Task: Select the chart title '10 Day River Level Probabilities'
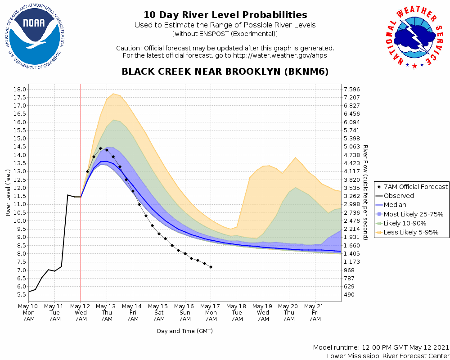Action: pyautogui.click(x=225, y=15)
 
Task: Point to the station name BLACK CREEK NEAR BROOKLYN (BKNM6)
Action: pyautogui.click(x=225, y=72)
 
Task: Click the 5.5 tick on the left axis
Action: pyautogui.click(x=21, y=295)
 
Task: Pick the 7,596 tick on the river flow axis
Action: pyautogui.click(x=352, y=89)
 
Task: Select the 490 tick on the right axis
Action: pyautogui.click(x=348, y=295)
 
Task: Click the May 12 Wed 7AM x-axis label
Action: pyautogui.click(x=81, y=312)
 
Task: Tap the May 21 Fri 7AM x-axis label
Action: pyautogui.click(x=315, y=312)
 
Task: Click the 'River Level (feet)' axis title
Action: pyautogui.click(x=8, y=192)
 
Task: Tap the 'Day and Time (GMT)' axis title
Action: pyautogui.click(x=184, y=331)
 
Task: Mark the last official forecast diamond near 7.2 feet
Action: pyautogui.click(x=211, y=267)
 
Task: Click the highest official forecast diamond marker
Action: pyautogui.click(x=100, y=148)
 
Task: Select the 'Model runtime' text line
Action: pyautogui.click(x=381, y=348)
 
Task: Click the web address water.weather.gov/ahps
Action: pyautogui.click(x=279, y=55)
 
